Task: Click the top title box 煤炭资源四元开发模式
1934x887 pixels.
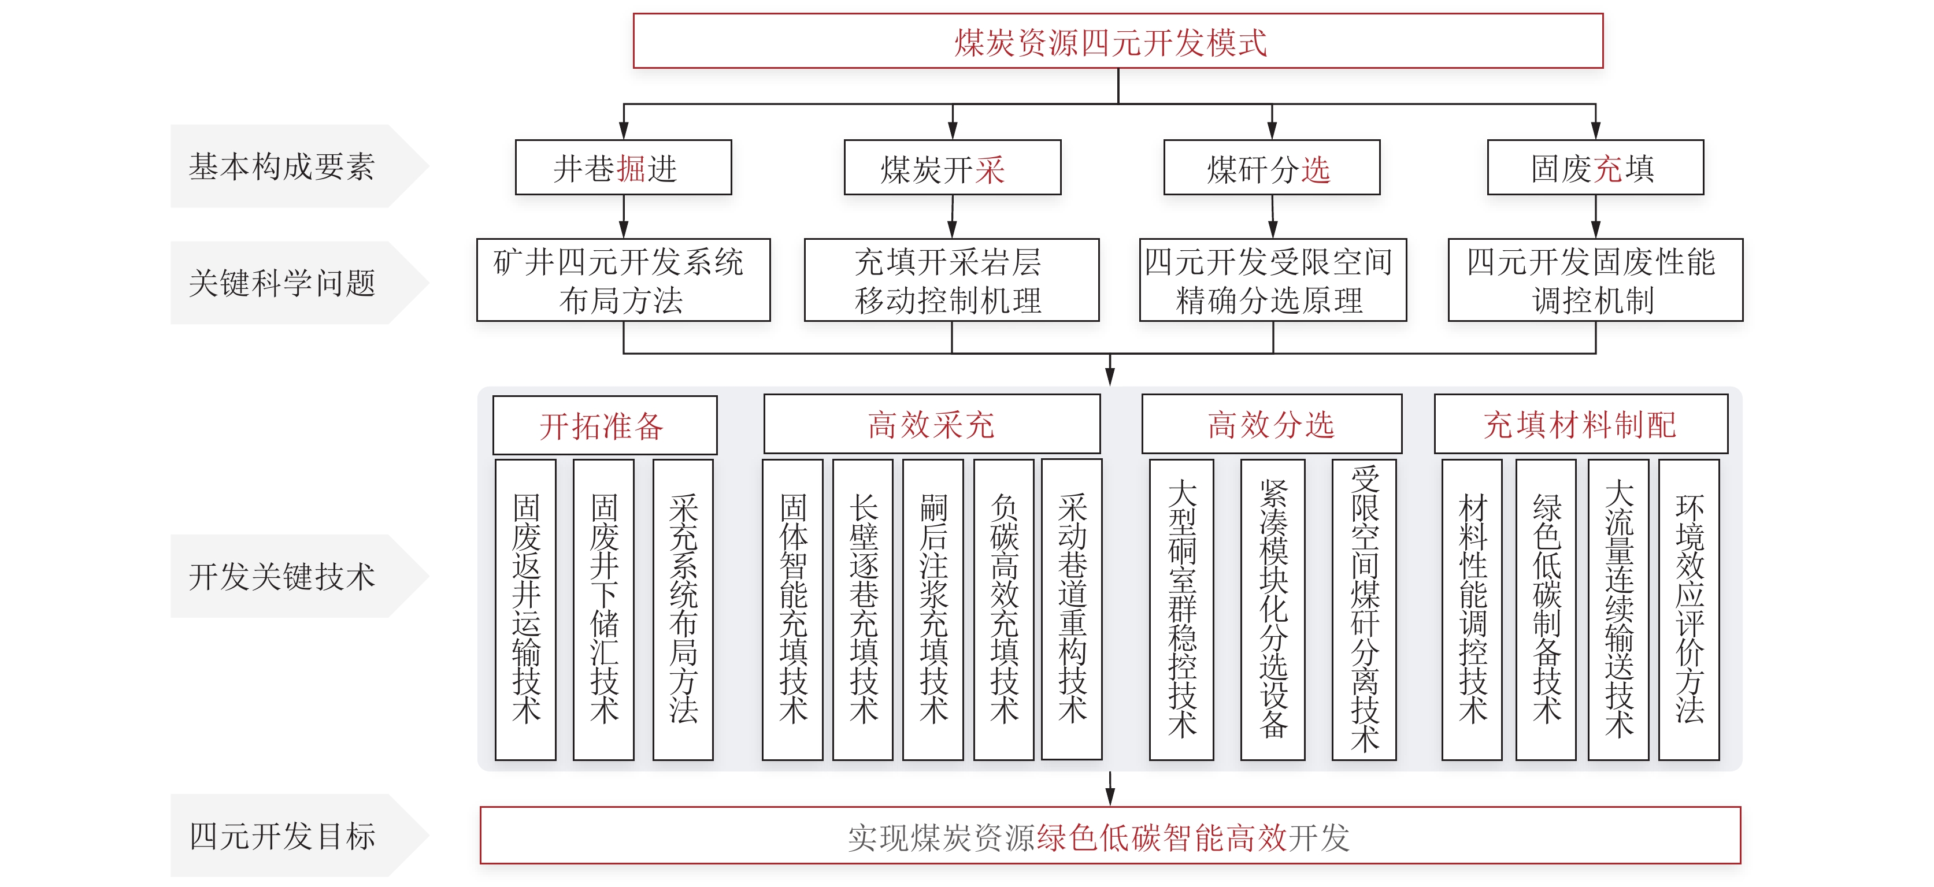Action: (x=1118, y=41)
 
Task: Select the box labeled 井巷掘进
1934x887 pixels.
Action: (x=623, y=168)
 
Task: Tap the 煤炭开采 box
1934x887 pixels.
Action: (x=952, y=168)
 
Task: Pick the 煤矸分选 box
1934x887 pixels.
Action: (x=1272, y=168)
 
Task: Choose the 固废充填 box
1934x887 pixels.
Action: (x=1595, y=168)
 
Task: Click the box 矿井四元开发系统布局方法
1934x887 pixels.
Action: (x=623, y=280)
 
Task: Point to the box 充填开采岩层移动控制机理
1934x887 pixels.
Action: (x=951, y=280)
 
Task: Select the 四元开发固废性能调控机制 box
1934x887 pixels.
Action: (x=1595, y=280)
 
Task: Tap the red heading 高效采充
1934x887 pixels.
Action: (x=932, y=425)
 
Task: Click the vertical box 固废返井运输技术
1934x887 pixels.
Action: (x=525, y=610)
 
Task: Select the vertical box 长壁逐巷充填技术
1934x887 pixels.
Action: (x=862, y=610)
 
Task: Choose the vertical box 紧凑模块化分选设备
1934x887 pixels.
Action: (x=1273, y=610)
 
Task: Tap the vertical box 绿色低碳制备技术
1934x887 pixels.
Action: (x=1546, y=610)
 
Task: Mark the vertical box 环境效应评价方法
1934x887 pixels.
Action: (x=1688, y=610)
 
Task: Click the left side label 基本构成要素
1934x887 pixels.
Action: (x=281, y=166)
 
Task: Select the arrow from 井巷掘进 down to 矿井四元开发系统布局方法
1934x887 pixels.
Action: (x=623, y=217)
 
